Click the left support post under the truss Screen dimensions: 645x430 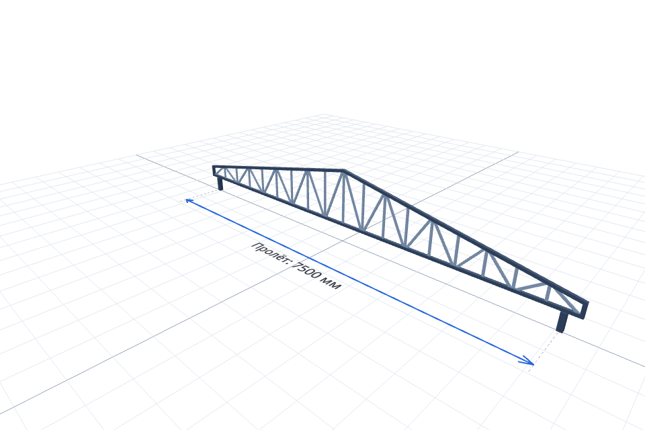220,183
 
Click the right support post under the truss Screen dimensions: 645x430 562,322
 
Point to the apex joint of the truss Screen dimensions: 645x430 344,170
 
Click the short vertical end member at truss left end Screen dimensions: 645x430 214,171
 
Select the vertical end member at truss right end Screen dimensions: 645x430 585,310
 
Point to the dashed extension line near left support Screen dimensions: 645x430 200,196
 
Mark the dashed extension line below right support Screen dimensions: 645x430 543,352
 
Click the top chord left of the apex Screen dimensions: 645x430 278,167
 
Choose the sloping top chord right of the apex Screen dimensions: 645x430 465,236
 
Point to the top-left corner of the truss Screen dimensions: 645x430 213,166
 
